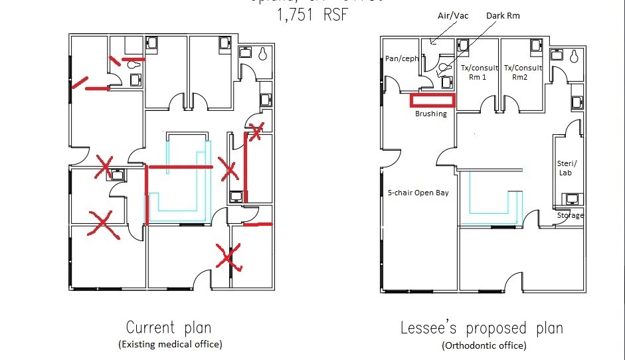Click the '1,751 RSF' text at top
[312, 15]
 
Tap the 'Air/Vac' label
[453, 15]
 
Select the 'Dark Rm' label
[503, 15]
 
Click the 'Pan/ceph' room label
[402, 58]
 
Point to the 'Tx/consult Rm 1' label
[479, 72]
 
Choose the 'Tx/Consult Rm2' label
[523, 72]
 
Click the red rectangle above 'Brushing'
[432, 101]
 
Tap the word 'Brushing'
[431, 114]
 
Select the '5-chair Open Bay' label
[418, 193]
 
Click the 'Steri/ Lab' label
[567, 167]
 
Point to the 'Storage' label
[571, 215]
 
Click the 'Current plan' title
[169, 327]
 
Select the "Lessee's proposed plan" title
[482, 327]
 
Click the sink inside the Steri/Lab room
[571, 198]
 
